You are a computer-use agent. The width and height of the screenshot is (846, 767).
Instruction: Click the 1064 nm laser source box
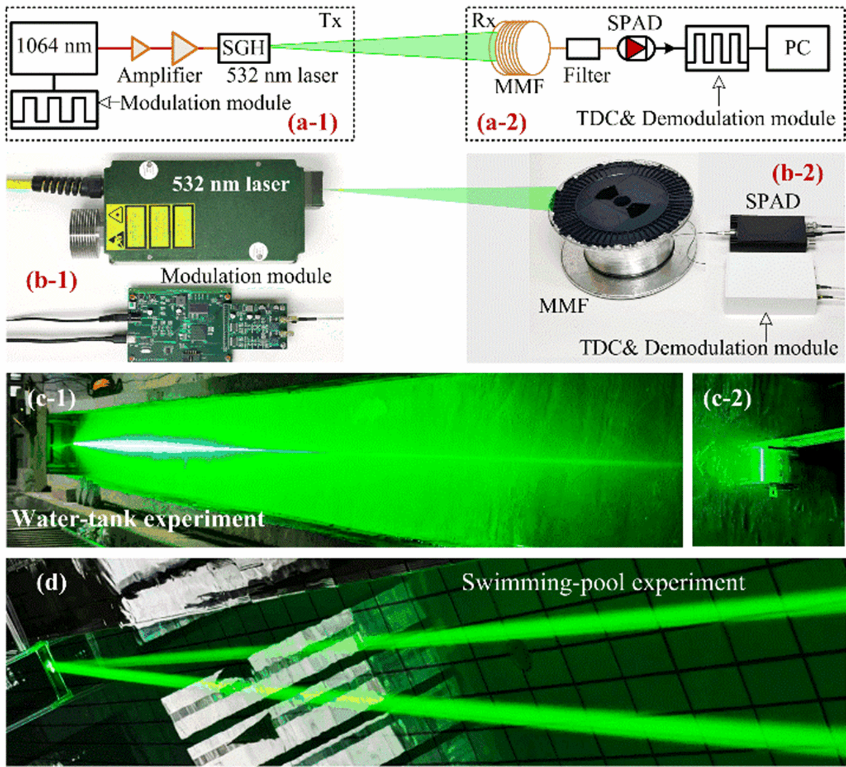[x=54, y=48]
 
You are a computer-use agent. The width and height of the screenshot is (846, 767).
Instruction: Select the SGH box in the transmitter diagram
[x=244, y=48]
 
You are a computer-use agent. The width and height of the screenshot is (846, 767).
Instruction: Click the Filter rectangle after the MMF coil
[x=583, y=48]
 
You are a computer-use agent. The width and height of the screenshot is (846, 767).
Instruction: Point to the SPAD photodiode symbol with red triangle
[x=636, y=48]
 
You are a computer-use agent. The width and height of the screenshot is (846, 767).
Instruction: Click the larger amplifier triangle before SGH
[x=184, y=48]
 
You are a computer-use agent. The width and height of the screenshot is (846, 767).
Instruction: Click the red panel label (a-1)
[x=312, y=123]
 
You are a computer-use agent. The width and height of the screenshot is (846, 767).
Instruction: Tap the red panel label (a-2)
[x=501, y=123]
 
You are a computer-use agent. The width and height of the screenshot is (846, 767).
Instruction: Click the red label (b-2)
[x=798, y=173]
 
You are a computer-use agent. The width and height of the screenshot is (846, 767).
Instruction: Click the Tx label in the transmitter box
[x=330, y=21]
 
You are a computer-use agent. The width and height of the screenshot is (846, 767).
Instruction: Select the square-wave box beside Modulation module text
[x=54, y=109]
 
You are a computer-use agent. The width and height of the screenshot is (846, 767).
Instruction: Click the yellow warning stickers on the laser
[x=150, y=227]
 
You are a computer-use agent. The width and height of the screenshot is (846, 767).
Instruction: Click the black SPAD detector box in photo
[x=768, y=233]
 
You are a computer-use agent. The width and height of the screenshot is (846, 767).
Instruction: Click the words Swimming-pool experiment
[x=603, y=583]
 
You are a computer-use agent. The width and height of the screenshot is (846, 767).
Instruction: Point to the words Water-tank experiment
[x=139, y=518]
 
